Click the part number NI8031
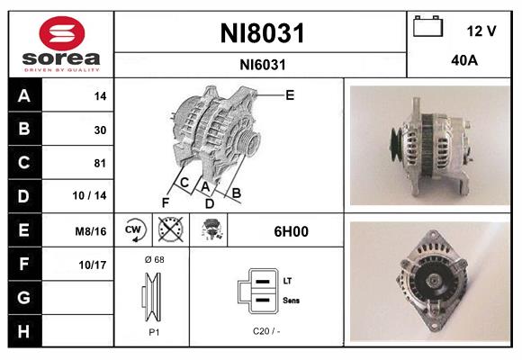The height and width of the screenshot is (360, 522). [x=262, y=33]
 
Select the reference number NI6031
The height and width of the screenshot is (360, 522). [x=262, y=64]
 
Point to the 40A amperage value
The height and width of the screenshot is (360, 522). [x=465, y=62]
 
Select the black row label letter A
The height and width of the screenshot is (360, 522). [x=23, y=95]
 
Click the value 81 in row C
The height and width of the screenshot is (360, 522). [x=100, y=163]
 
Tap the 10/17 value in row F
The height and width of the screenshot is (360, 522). [x=93, y=265]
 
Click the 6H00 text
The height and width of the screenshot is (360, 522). [x=291, y=231]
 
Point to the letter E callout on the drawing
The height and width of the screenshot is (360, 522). [x=290, y=94]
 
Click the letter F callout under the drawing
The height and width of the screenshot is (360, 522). [x=166, y=202]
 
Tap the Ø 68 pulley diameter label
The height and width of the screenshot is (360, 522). [x=153, y=259]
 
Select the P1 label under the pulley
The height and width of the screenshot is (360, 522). [x=153, y=330]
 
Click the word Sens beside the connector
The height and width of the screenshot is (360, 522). [x=291, y=299]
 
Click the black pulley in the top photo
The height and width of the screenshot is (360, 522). [x=393, y=140]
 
